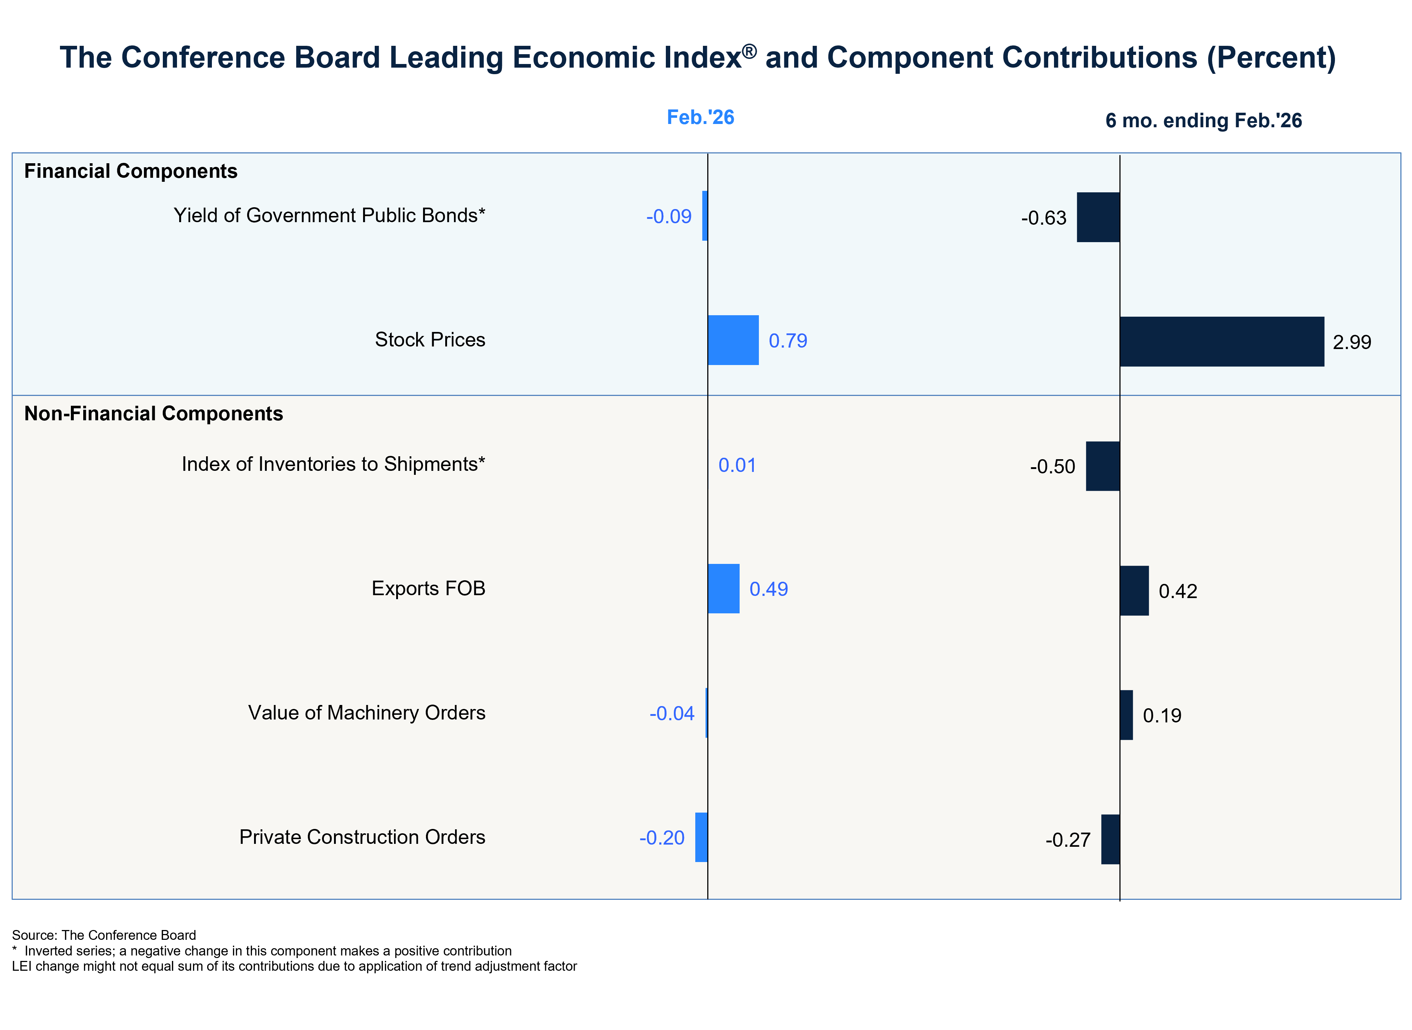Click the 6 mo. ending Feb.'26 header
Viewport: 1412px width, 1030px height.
coord(1203,120)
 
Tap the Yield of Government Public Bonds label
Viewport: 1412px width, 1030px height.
coord(329,215)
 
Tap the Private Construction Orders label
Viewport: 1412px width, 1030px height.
coord(362,837)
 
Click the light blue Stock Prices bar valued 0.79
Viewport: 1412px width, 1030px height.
coord(733,340)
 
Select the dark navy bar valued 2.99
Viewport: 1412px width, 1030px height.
coord(1222,342)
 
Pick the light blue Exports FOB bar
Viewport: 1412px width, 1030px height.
coord(724,589)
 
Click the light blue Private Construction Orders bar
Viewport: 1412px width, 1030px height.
coord(701,837)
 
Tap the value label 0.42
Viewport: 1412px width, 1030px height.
coord(1178,591)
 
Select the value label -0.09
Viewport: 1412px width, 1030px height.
coord(669,216)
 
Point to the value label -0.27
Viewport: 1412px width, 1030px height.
coord(1068,840)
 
